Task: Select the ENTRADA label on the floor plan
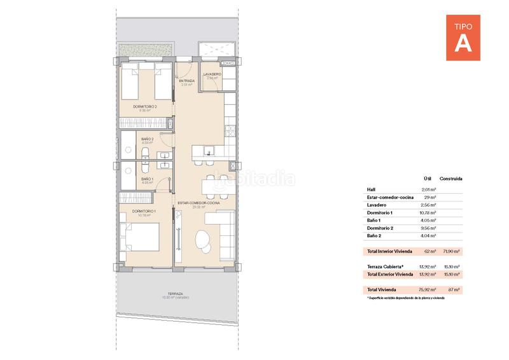point(186,81)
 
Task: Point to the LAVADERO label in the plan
point(212,74)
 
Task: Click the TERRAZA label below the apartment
point(175,293)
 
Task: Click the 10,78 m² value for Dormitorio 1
point(429,212)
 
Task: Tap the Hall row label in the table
point(372,190)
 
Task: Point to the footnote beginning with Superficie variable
point(405,298)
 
